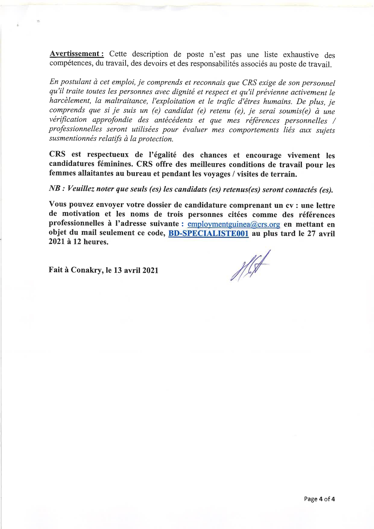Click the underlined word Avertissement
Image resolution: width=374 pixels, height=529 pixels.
click(77, 54)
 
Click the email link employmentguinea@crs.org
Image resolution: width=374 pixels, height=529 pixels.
click(234, 224)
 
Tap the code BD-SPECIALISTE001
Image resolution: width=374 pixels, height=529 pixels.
click(208, 233)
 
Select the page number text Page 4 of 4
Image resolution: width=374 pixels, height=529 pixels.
click(319, 499)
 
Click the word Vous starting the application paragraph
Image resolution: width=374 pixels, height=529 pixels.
click(58, 204)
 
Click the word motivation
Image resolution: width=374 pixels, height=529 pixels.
click(81, 214)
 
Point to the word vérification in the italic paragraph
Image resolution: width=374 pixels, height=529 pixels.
click(68, 119)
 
